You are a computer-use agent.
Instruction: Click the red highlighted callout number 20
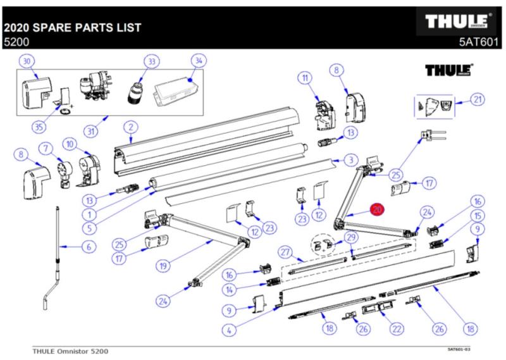[378, 210]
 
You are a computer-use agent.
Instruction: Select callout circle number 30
[27, 61]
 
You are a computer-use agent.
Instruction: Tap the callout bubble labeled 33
[151, 61]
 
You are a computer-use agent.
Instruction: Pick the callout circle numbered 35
[40, 127]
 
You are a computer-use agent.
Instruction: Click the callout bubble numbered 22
[397, 328]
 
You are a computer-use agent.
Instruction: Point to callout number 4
[228, 328]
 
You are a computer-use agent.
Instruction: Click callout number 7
[45, 149]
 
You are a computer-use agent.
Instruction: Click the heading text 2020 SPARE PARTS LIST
[72, 28]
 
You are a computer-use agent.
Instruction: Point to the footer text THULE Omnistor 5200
[71, 350]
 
